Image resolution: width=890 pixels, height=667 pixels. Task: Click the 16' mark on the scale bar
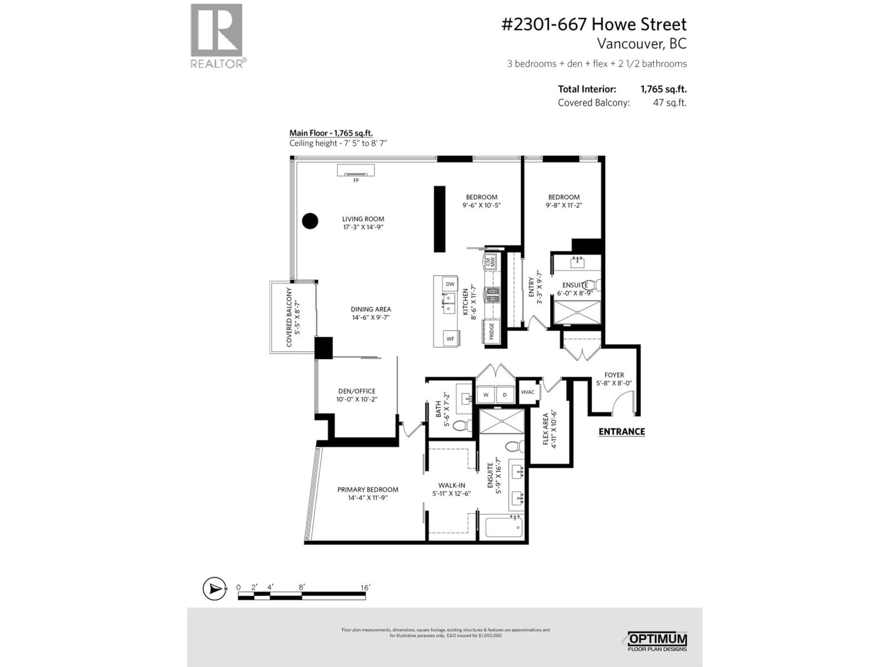click(365, 588)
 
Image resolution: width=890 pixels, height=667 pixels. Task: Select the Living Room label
click(363, 219)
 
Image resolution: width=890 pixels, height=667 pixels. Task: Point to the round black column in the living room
click(310, 221)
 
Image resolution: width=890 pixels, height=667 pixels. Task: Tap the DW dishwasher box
click(450, 284)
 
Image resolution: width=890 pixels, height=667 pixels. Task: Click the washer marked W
click(486, 395)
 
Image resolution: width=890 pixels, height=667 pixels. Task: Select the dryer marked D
click(505, 395)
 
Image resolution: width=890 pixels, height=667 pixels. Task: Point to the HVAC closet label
click(528, 392)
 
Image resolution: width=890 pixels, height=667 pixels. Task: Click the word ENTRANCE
click(622, 432)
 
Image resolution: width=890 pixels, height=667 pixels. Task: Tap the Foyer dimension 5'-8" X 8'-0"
click(614, 383)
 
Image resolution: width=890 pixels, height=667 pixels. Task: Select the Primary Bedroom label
click(368, 490)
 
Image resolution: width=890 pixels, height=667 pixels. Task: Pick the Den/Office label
click(356, 391)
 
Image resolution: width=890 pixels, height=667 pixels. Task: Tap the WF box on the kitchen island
click(450, 339)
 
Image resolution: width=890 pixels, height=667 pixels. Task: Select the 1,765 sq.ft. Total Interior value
click(663, 89)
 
